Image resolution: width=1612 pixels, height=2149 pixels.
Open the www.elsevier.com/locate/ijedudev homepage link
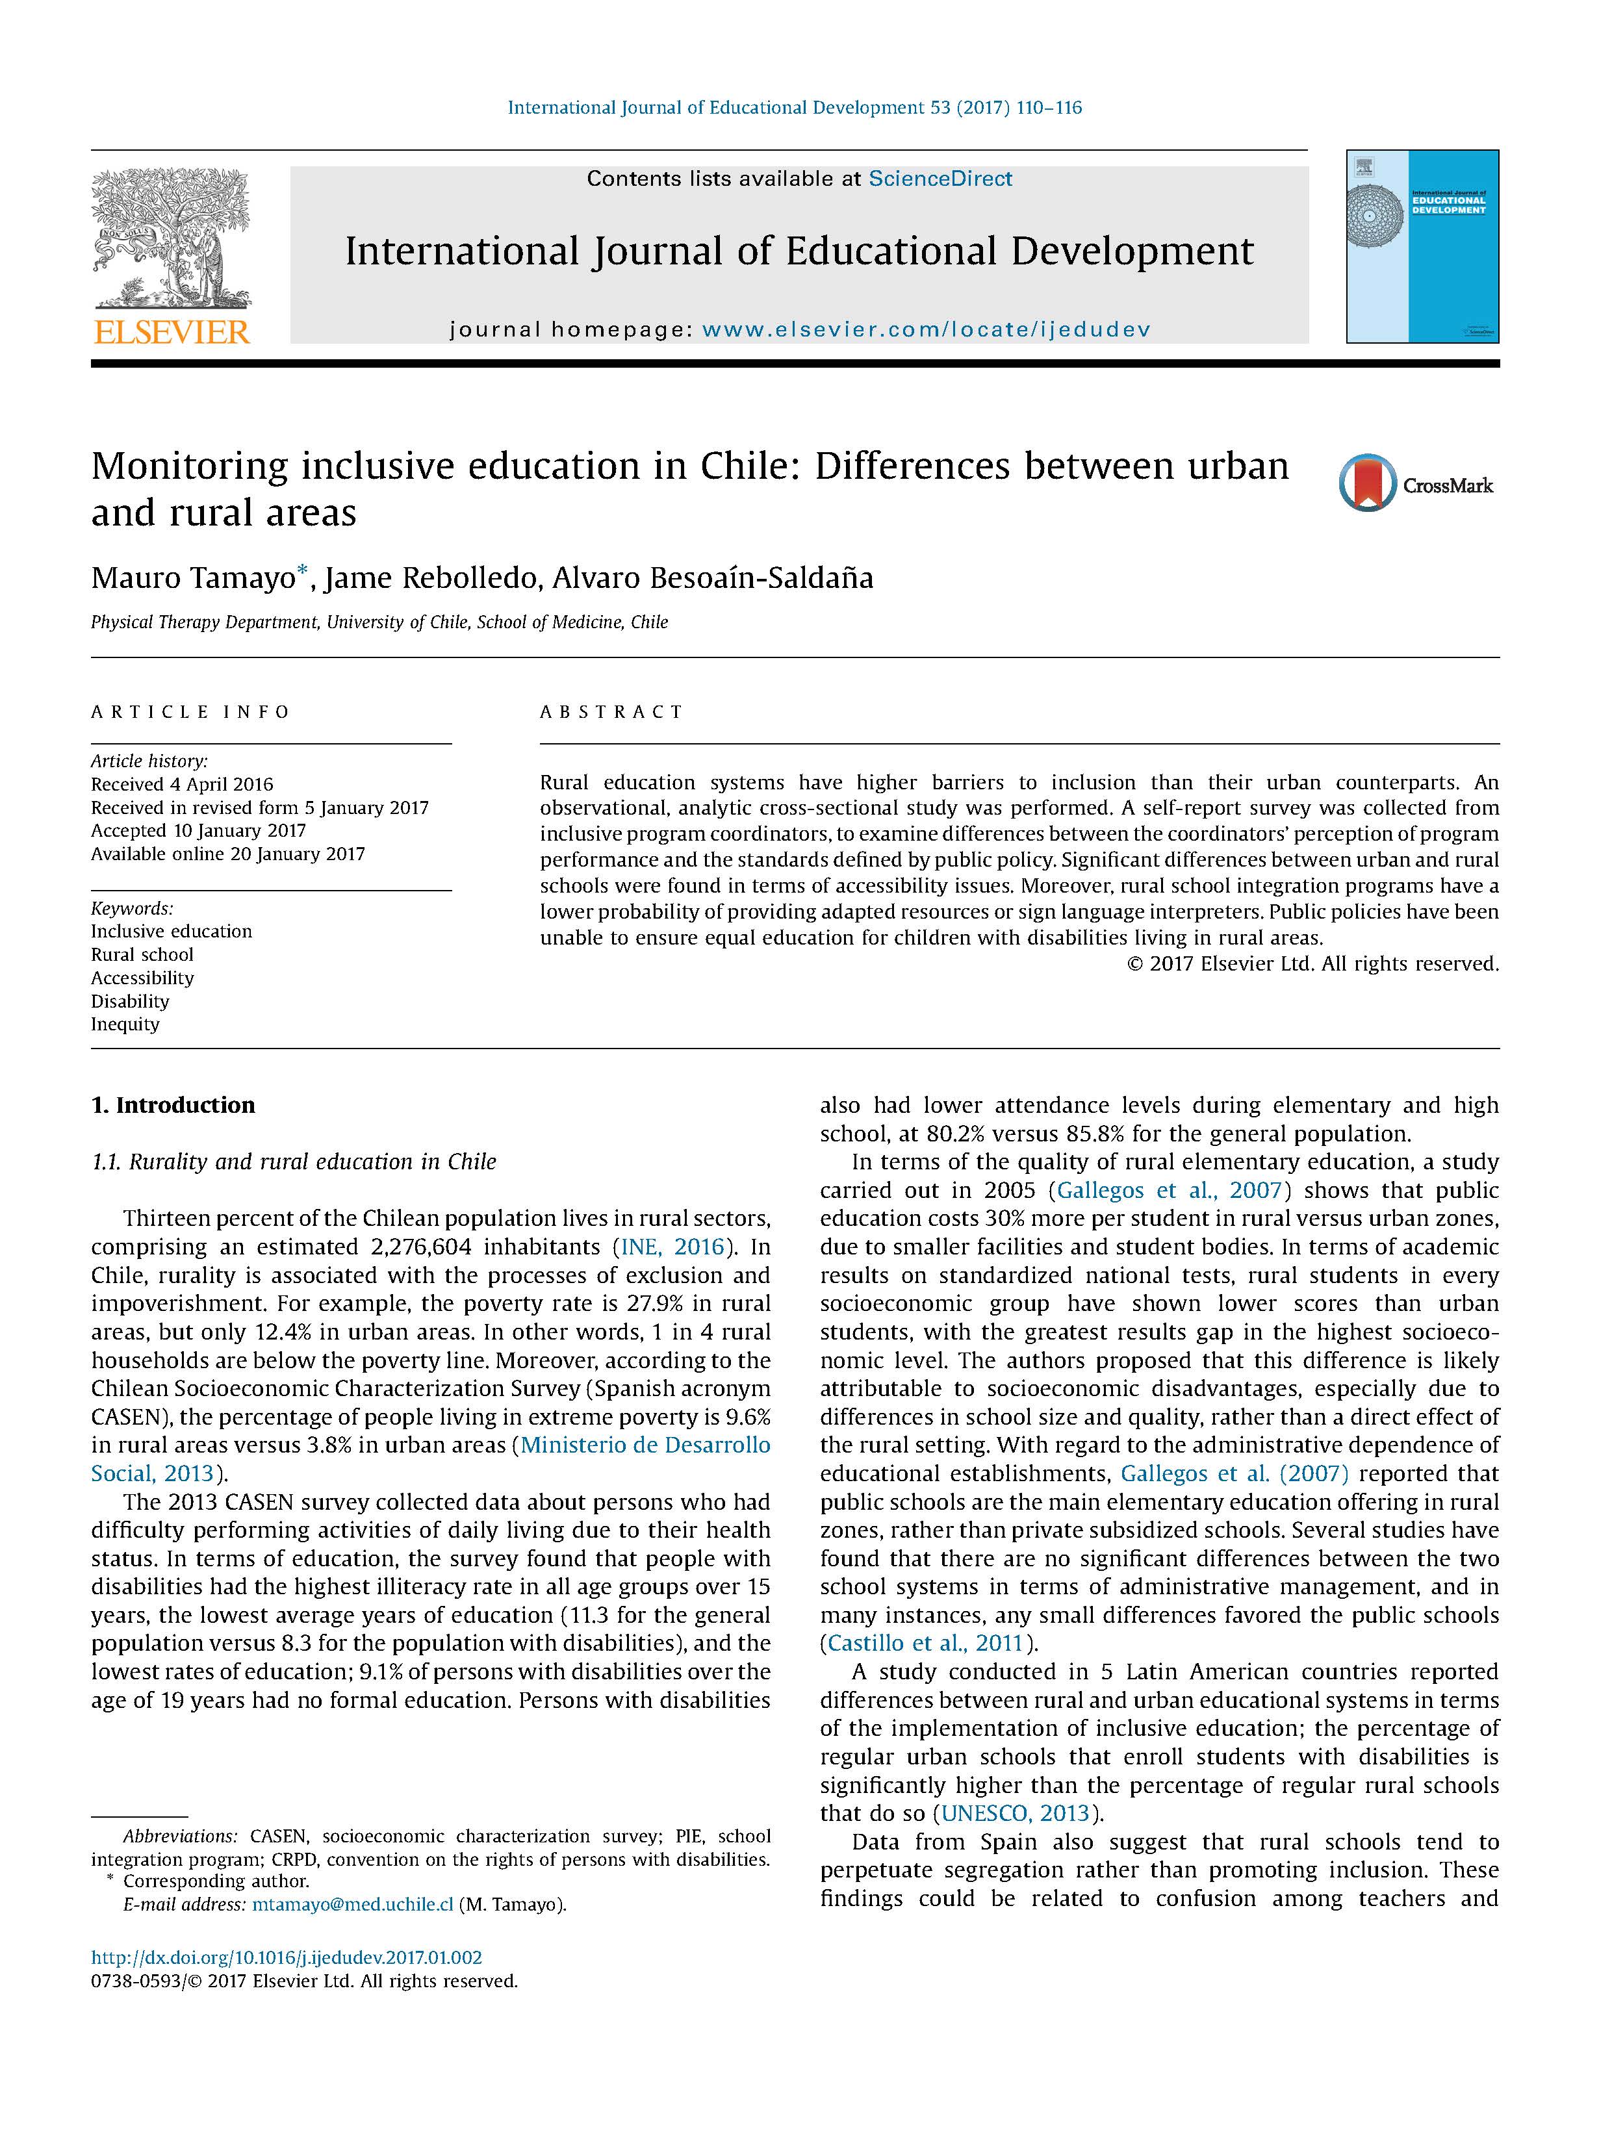pos(926,329)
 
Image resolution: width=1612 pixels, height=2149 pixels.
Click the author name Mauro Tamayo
pos(192,579)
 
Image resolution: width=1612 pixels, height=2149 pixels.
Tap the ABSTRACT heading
pos(611,712)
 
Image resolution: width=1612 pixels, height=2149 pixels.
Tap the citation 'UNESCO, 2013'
pos(1016,1813)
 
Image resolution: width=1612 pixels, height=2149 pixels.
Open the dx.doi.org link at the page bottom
pos(287,1957)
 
